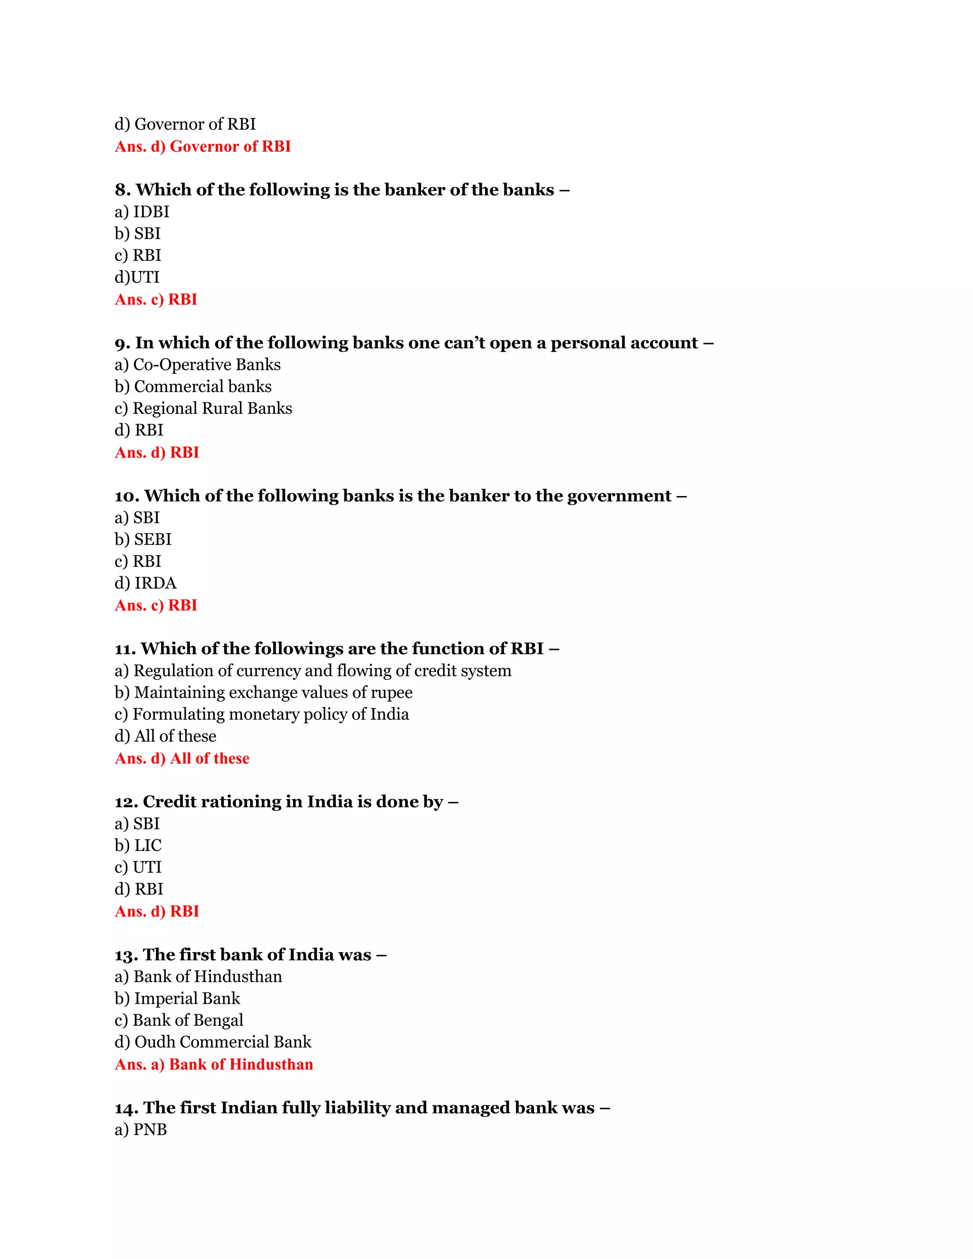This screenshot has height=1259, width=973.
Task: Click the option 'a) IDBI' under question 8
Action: pos(142,212)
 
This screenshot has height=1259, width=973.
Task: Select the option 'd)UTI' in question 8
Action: pos(137,277)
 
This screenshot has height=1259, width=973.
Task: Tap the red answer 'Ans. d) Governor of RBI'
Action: pos(202,146)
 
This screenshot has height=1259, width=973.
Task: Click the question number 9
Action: pos(122,343)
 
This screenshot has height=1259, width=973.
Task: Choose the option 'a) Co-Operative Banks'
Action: pos(197,365)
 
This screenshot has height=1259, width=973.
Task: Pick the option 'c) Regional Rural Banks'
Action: pos(203,408)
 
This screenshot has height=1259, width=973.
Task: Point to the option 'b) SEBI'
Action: pos(143,540)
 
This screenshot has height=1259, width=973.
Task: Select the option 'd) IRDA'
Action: pos(145,583)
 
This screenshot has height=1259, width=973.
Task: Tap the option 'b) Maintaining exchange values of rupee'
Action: pos(263,692)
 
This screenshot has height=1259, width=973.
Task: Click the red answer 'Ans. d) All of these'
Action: pos(181,759)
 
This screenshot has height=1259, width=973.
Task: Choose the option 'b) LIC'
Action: pos(138,846)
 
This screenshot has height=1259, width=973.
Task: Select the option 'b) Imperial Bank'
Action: pos(177,999)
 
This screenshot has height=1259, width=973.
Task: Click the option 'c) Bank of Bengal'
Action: pos(179,1021)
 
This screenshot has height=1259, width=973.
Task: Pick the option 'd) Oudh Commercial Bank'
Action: pos(213,1042)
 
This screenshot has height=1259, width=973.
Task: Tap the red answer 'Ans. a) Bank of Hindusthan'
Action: pos(213,1065)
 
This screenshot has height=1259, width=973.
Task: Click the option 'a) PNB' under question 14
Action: pos(141,1130)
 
